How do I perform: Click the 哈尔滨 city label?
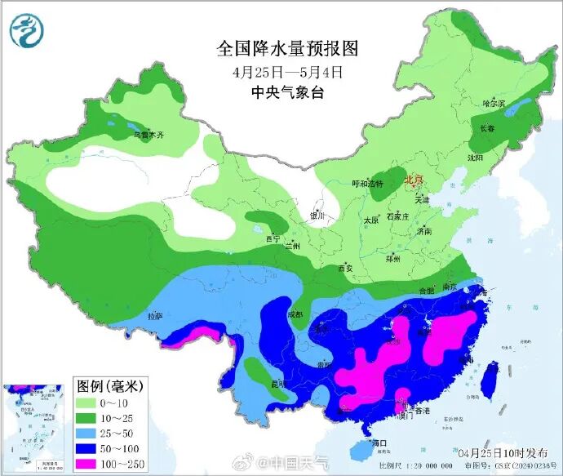point(494,104)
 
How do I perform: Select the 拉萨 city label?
point(154,316)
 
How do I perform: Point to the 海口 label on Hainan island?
point(378,443)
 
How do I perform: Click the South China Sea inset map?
point(34,428)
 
